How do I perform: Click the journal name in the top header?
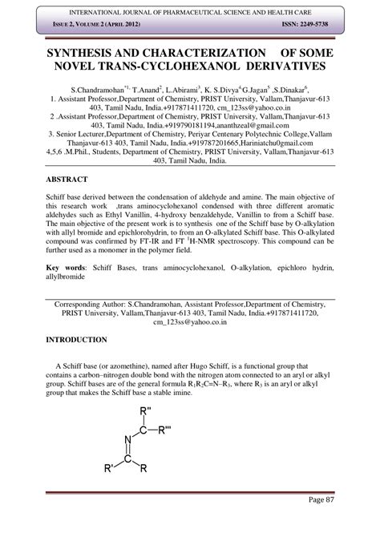click(189, 9)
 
